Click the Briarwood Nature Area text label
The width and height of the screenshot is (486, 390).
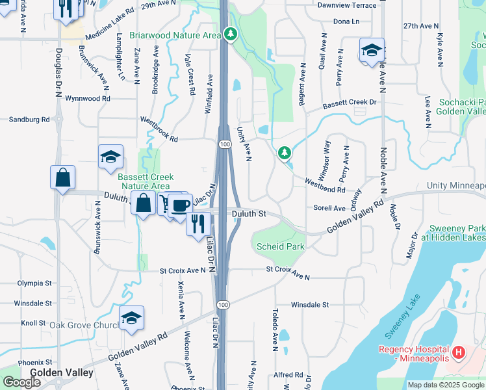coord(175,35)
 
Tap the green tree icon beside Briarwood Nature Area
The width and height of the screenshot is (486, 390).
coord(231,33)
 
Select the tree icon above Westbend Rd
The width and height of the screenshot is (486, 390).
coord(284,153)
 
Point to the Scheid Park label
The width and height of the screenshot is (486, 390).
coord(281,247)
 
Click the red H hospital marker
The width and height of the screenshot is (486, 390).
coord(459,353)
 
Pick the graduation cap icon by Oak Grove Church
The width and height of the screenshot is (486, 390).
coord(131,318)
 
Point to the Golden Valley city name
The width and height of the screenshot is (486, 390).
coord(62,373)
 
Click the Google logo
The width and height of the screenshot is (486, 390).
coord(21,382)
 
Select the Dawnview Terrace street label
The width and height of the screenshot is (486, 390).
coord(347,5)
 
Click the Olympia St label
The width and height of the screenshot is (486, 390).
coord(34,283)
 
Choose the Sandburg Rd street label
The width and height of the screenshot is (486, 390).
coord(29,120)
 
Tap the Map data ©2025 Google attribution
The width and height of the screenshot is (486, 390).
coord(446,385)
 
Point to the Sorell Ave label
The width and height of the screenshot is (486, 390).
coord(329,209)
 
